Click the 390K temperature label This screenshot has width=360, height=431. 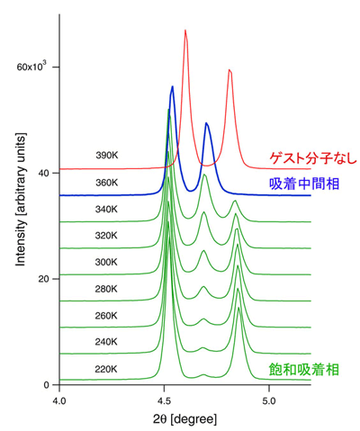(x=107, y=156)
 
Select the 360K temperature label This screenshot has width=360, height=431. (x=107, y=183)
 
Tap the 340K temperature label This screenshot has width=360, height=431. (x=107, y=210)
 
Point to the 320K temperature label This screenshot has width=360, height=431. (x=107, y=236)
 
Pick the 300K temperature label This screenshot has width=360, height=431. (x=107, y=263)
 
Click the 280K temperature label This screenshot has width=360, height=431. (x=107, y=289)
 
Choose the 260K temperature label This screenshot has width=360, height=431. (x=107, y=316)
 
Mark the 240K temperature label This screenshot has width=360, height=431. (x=107, y=342)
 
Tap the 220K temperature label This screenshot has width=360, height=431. (x=107, y=369)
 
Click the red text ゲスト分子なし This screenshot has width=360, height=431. (x=310, y=159)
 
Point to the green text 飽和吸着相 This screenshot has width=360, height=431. (x=304, y=368)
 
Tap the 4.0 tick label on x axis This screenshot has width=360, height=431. (x=59, y=399)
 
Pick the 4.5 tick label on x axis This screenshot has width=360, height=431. (x=164, y=399)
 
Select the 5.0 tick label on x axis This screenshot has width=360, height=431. (x=269, y=399)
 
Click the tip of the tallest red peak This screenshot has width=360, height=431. (x=185, y=31)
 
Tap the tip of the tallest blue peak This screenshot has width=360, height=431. (x=173, y=87)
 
